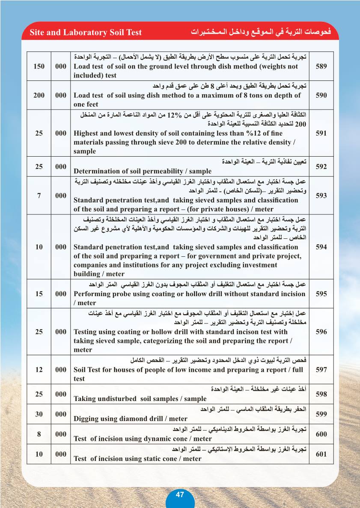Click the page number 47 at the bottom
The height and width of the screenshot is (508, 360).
pyautogui.click(x=180, y=494)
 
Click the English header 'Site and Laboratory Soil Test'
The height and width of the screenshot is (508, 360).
pyautogui.click(x=86, y=33)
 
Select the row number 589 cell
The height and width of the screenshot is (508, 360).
pyautogui.click(x=321, y=66)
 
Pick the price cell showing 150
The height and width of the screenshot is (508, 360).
pyautogui.click(x=39, y=66)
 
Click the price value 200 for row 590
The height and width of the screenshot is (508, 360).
pyautogui.click(x=39, y=95)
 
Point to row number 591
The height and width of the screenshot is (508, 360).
pyautogui.click(x=321, y=133)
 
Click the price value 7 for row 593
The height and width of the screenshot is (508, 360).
pyautogui.click(x=39, y=196)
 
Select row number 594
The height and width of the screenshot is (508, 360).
pyautogui.click(x=321, y=247)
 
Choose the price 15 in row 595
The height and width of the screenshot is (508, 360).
pyautogui.click(x=39, y=294)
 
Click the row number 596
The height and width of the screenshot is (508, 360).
pyautogui.click(x=321, y=332)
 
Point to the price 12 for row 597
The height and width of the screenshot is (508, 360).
pyautogui.click(x=39, y=369)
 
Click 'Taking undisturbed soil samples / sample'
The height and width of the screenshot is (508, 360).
pyautogui.click(x=140, y=398)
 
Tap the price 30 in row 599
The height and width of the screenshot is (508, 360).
pyautogui.click(x=39, y=414)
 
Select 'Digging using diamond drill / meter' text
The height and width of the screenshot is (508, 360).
pyautogui.click(x=131, y=419)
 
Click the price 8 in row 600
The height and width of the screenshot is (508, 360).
pyautogui.click(x=39, y=434)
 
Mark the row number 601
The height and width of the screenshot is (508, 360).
pyautogui.click(x=321, y=454)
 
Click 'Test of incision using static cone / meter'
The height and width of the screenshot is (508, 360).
pyautogui.click(x=137, y=459)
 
